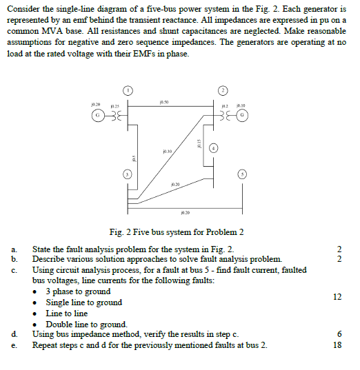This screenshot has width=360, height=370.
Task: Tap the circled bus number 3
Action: tap(127, 176)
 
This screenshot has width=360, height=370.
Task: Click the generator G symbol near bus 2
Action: tap(247, 115)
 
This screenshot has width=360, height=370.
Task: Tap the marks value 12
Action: tap(337, 297)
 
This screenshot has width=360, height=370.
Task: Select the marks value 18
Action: tap(337, 344)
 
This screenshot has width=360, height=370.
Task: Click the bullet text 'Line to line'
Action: tap(68, 314)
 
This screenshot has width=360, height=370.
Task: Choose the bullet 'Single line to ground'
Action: tap(83, 302)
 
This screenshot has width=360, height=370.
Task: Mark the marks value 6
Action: tap(337, 334)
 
